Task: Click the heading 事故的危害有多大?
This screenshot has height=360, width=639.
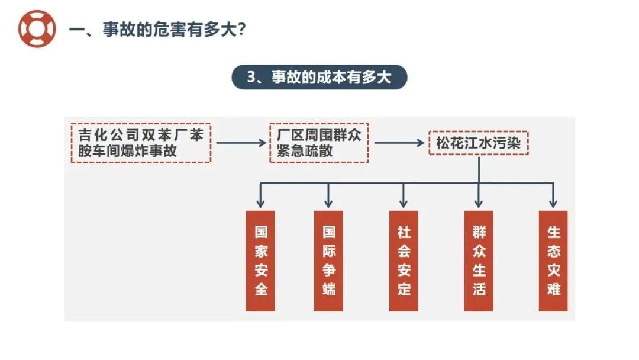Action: click(x=157, y=30)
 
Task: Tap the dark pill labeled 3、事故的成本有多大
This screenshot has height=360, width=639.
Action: click(x=319, y=77)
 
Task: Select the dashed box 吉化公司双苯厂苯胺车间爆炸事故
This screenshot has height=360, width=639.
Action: click(x=141, y=143)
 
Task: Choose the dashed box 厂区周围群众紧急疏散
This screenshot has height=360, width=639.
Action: click(x=319, y=143)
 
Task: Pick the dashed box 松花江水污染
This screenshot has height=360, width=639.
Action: click(x=478, y=143)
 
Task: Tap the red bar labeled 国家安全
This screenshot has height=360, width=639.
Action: click(x=260, y=261)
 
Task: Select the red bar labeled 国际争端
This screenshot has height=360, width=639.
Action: click(x=329, y=261)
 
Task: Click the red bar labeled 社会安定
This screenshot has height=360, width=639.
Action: click(x=404, y=261)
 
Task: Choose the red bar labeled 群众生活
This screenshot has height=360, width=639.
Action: click(x=479, y=261)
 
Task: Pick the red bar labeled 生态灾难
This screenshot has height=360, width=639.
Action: click(x=553, y=261)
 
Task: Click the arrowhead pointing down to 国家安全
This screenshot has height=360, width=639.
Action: click(x=260, y=204)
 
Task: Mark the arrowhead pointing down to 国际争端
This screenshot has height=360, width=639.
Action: click(x=329, y=204)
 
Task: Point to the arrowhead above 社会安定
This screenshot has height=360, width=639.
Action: click(x=404, y=204)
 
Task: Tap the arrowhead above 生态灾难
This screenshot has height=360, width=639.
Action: click(x=553, y=204)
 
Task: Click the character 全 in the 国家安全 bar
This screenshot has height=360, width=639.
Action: click(x=260, y=290)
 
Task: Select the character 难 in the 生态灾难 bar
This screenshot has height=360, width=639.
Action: click(x=553, y=290)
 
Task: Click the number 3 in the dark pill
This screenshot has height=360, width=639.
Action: click(x=251, y=78)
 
